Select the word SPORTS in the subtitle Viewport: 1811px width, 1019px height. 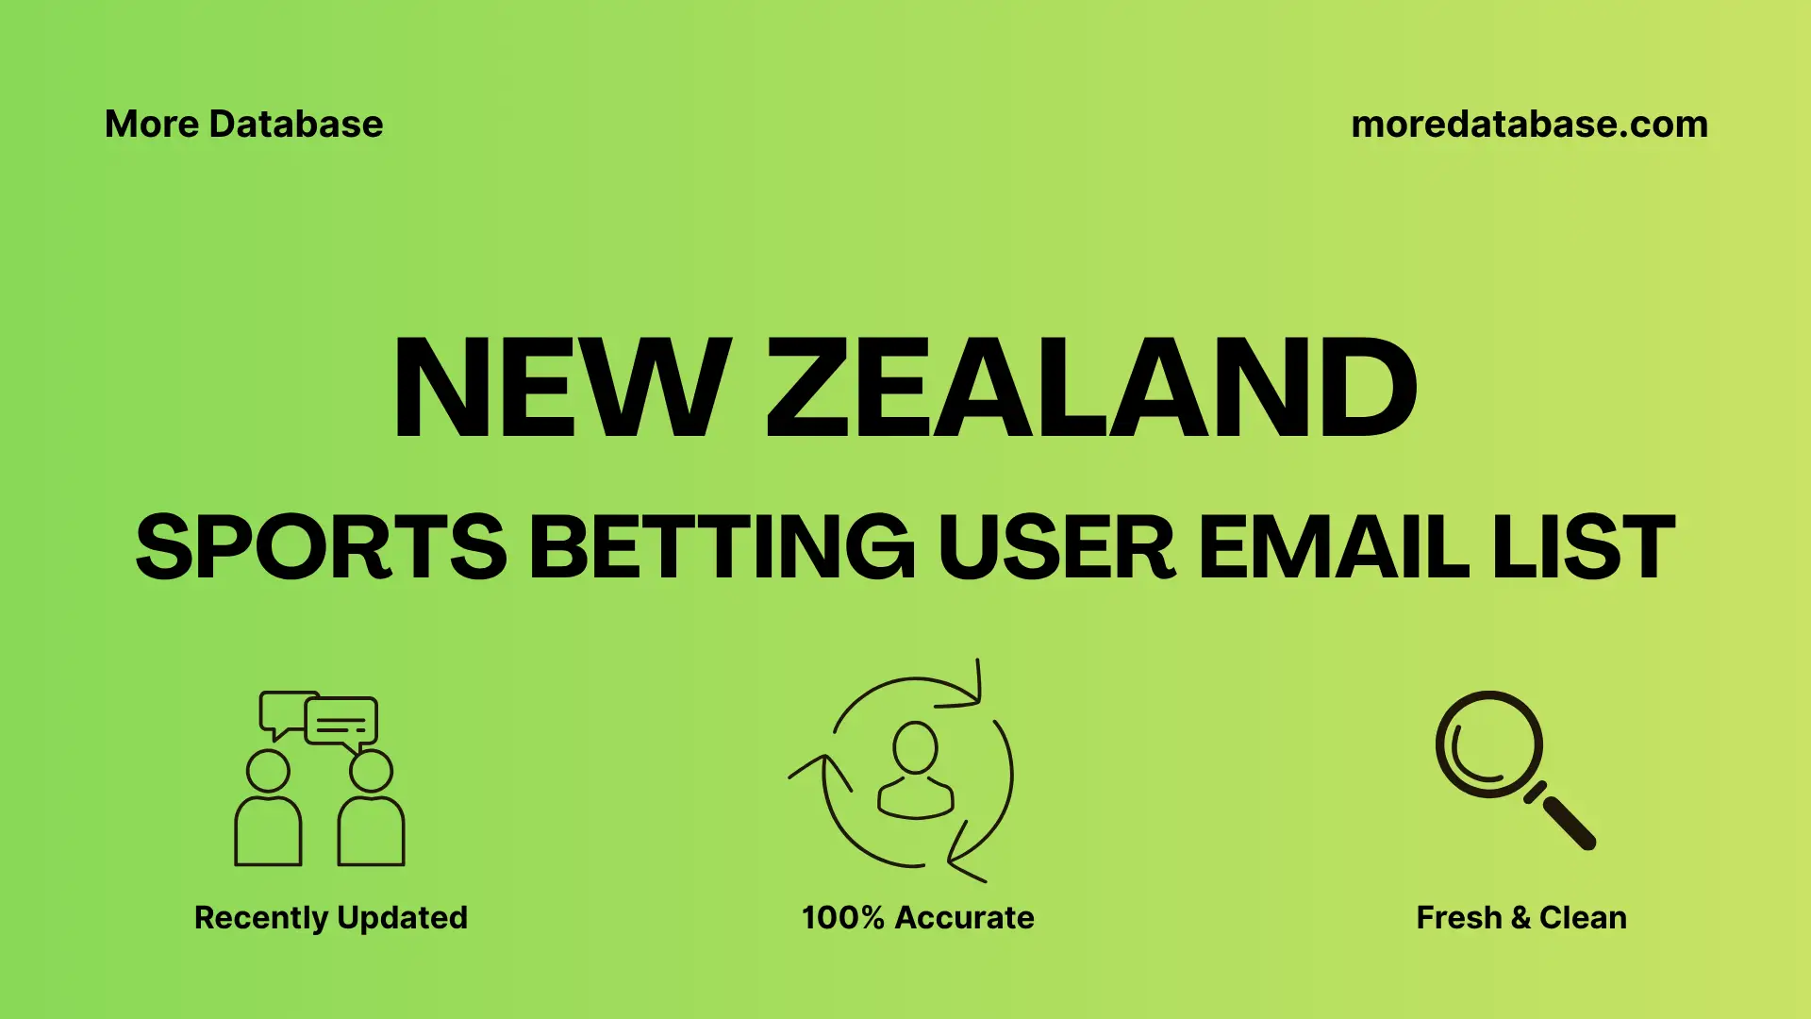click(x=322, y=547)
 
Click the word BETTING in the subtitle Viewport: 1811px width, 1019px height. click(x=723, y=547)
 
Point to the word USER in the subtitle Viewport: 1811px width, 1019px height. click(x=1055, y=547)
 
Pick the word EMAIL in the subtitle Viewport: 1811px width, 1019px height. click(x=1333, y=547)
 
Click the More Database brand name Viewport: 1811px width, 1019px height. click(x=244, y=125)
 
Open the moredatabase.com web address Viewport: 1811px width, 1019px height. click(x=1529, y=125)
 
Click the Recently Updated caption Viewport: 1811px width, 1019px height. click(x=331, y=917)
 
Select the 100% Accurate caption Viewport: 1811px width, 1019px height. click(x=918, y=917)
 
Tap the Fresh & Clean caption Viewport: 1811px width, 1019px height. click(x=1521, y=917)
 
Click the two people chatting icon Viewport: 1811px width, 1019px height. click(x=320, y=778)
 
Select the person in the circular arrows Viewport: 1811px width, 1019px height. click(x=915, y=770)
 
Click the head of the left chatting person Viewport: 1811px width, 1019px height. click(x=268, y=771)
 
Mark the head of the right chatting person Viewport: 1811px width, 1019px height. click(x=371, y=771)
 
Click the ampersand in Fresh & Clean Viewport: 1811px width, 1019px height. click(x=1520, y=917)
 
